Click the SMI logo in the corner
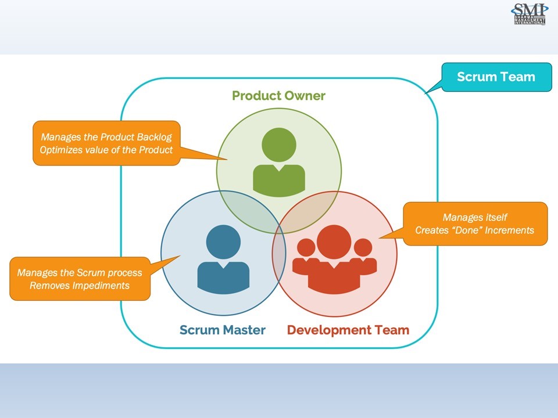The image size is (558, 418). [529, 14]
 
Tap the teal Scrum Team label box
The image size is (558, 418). [496, 77]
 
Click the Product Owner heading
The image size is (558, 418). [278, 95]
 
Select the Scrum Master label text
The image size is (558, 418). [222, 330]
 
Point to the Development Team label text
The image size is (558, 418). [348, 330]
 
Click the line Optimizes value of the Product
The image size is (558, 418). [106, 150]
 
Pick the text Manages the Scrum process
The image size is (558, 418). [80, 272]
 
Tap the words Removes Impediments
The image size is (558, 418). [80, 285]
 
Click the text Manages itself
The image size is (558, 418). [474, 217]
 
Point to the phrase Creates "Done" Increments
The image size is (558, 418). [474, 230]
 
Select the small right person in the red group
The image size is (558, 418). [363, 258]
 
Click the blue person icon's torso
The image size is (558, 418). [223, 278]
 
